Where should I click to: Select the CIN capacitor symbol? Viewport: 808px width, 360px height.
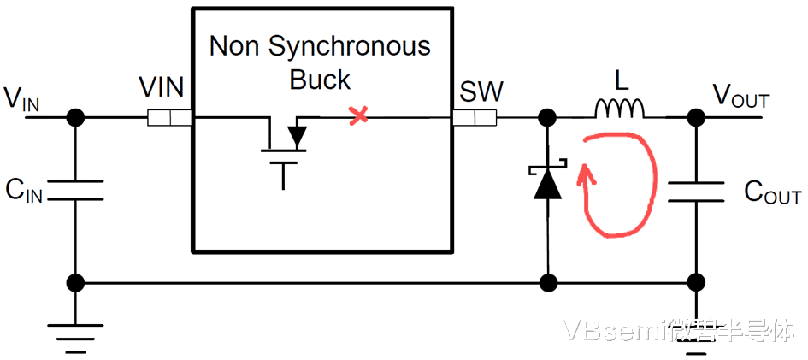click(76, 190)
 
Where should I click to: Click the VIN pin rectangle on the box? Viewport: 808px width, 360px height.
click(169, 117)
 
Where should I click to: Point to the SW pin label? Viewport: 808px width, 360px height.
click(481, 90)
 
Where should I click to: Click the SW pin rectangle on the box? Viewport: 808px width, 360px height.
click(474, 117)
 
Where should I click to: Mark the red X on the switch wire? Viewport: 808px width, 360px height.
click(358, 115)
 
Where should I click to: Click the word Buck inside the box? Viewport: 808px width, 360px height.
click(320, 80)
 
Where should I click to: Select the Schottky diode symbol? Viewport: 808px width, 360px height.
click(546, 182)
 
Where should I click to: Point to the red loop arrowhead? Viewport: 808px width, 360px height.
click(586, 176)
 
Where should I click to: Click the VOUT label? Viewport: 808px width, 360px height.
click(740, 98)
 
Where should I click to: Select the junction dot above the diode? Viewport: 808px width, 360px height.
click(546, 117)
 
